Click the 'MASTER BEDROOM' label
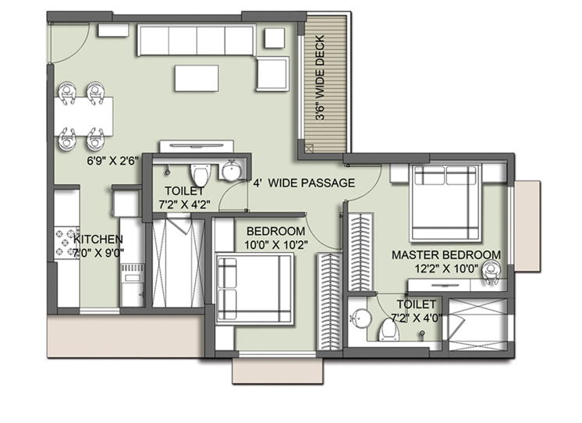(x=446, y=254)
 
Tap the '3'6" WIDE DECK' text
(x=320, y=77)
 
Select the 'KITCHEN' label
(x=98, y=239)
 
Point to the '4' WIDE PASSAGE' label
(x=304, y=183)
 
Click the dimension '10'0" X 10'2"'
(x=276, y=245)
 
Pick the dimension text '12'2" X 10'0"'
(x=446, y=268)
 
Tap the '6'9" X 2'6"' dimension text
(x=113, y=162)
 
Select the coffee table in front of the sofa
(x=197, y=78)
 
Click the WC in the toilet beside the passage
(x=201, y=174)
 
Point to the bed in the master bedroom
(x=445, y=202)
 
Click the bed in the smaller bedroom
(x=254, y=289)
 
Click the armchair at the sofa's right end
(x=273, y=73)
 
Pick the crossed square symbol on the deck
(x=309, y=148)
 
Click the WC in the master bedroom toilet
(x=389, y=330)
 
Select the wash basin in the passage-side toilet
(x=232, y=171)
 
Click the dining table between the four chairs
(x=84, y=116)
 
